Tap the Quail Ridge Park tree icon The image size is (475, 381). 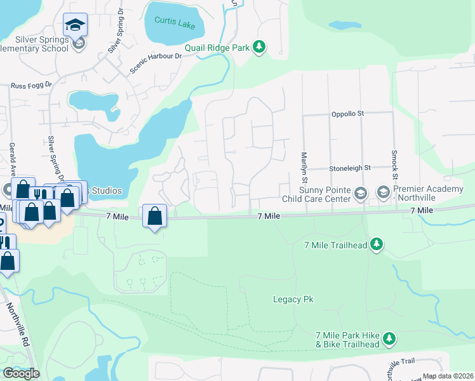(258, 47)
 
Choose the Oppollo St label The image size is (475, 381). (347, 114)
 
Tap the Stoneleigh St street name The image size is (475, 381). (349, 169)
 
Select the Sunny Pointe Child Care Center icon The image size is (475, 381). (361, 192)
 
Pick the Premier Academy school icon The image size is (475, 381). (383, 191)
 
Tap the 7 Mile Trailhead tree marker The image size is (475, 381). (377, 244)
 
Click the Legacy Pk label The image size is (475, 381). (293, 299)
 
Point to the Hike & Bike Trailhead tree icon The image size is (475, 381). (389, 339)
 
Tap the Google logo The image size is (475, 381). (21, 373)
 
